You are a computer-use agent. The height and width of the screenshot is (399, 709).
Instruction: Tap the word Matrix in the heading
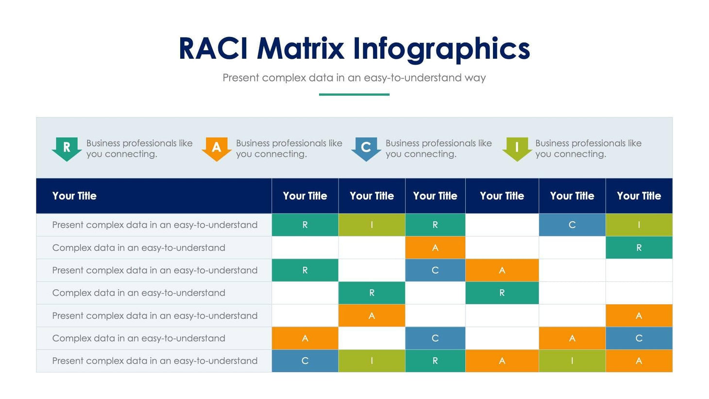point(300,49)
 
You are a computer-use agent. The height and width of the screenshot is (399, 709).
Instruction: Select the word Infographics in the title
point(441,50)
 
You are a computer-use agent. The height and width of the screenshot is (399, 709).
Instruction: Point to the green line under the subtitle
point(354,94)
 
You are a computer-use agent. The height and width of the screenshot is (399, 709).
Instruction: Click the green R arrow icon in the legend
point(67,148)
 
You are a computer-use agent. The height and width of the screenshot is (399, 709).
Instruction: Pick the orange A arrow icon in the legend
point(216,148)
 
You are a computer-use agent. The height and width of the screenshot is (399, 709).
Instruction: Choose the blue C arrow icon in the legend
point(366,148)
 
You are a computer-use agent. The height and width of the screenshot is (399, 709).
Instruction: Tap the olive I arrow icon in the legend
point(517,148)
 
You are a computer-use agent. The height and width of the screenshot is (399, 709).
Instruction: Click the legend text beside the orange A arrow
point(289,149)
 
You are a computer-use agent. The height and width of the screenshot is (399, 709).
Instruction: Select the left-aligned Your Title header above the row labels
point(74,196)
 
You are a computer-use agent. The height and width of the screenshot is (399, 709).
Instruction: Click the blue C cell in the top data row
point(572,225)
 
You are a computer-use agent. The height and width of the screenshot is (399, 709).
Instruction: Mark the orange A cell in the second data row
point(435,248)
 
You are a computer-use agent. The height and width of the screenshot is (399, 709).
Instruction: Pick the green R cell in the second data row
point(639,248)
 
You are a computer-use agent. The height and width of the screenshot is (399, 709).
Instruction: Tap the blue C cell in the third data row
point(435,270)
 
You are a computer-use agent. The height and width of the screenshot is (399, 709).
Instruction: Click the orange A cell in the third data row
point(502,270)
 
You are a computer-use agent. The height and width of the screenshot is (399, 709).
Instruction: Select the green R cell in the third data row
point(305,270)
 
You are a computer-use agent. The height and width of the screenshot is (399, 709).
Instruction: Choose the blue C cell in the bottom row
point(305,361)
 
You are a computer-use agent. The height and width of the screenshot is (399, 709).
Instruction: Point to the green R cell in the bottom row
point(435,361)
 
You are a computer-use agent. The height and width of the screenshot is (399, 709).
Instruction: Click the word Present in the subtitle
point(241,78)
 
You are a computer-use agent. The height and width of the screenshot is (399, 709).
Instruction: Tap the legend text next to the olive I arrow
point(588,149)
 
